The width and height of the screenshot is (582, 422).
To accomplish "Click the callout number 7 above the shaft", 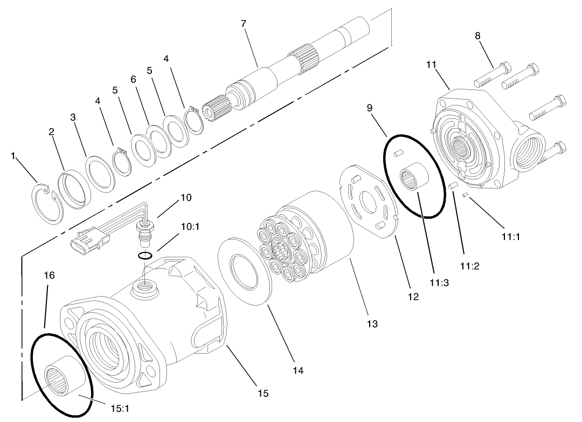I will (x=244, y=24).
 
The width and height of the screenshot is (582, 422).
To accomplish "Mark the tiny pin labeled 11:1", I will (x=465, y=196).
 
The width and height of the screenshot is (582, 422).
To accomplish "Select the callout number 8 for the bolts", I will (x=477, y=36).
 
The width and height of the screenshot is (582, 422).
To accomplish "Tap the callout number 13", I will (x=372, y=323).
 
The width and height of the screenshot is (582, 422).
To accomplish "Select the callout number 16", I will (x=49, y=275).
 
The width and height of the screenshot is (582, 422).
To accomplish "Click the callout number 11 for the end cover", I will (x=431, y=64).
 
